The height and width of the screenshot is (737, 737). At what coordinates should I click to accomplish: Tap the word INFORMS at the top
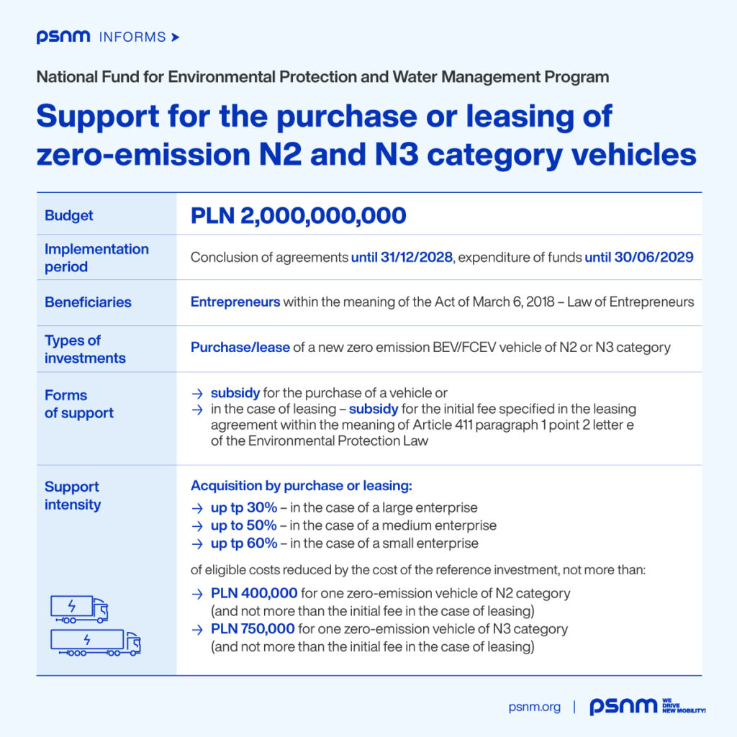(133, 37)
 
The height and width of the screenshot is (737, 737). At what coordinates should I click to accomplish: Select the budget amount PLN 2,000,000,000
(298, 215)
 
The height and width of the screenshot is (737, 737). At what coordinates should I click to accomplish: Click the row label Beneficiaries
(88, 302)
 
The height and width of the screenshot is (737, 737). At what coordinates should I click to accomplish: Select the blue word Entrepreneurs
(235, 302)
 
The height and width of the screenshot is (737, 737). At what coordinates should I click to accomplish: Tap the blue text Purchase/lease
(240, 348)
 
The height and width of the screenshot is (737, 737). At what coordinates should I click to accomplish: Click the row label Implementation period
(96, 258)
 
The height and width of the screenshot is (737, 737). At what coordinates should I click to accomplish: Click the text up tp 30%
(244, 507)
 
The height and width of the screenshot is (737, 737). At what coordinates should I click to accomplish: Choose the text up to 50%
(244, 525)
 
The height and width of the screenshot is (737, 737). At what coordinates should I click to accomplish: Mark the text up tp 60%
(244, 543)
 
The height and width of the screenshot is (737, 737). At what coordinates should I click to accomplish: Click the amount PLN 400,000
(254, 594)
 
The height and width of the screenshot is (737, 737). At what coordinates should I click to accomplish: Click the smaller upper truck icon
(79, 609)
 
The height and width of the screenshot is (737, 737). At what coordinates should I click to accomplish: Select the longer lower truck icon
(95, 642)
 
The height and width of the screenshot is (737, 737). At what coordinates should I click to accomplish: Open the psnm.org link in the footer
(534, 707)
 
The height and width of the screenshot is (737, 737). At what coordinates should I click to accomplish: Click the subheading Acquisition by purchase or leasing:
(301, 487)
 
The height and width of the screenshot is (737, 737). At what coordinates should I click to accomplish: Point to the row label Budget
(69, 215)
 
